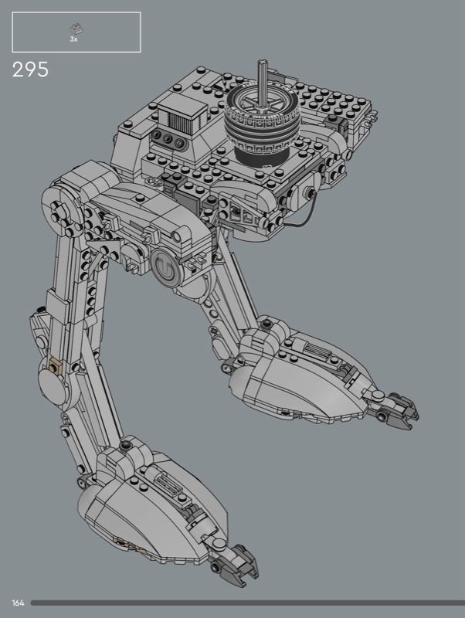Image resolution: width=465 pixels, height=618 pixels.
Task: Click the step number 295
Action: pos(30,70)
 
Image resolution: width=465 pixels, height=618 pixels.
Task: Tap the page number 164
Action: pos(18,603)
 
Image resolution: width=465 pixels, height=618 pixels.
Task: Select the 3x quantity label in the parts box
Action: pos(73,39)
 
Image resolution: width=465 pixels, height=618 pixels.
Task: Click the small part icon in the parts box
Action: pos(76,29)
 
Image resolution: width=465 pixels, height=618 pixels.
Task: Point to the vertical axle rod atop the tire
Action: pos(262,83)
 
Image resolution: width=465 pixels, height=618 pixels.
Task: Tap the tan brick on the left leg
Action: pos(54,366)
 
